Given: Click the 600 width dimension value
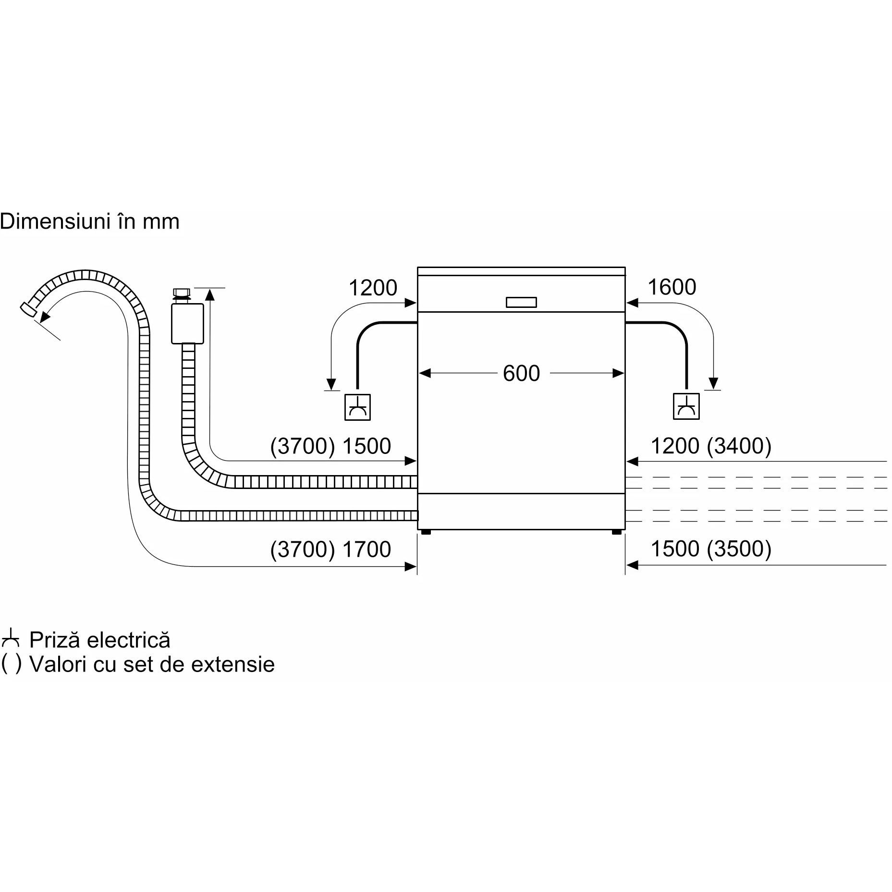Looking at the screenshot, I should pyautogui.click(x=521, y=373).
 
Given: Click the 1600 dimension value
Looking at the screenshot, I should pyautogui.click(x=672, y=287).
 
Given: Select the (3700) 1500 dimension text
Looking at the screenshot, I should pyautogui.click(x=330, y=446).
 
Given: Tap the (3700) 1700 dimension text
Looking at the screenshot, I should pyautogui.click(x=330, y=549).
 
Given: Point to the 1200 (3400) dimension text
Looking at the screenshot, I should pyautogui.click(x=711, y=446).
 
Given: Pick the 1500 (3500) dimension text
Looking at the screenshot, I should pyautogui.click(x=711, y=549).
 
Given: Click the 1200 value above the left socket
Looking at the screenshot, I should pyautogui.click(x=373, y=288).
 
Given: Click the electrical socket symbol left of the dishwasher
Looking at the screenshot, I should pyautogui.click(x=358, y=407).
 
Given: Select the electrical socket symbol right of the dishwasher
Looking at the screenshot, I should pyautogui.click(x=686, y=406).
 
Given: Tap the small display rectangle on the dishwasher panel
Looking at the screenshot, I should pyautogui.click(x=521, y=303).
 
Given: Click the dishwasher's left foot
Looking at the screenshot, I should pyautogui.click(x=425, y=532).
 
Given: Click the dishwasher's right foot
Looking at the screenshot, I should pyautogui.click(x=617, y=532).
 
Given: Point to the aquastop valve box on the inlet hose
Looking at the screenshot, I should pyautogui.click(x=187, y=323).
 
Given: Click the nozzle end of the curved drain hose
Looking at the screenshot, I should pyautogui.click(x=28, y=308).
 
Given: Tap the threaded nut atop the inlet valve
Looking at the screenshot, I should pyautogui.click(x=181, y=293).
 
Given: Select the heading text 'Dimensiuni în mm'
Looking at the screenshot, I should pyautogui.click(x=90, y=222).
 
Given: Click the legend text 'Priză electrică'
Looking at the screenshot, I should pyautogui.click(x=100, y=640).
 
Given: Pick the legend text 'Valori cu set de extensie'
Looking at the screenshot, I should pyautogui.click(x=152, y=664).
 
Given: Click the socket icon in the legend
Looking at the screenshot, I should pyautogui.click(x=11, y=640).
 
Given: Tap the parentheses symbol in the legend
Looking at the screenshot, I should pyautogui.click(x=11, y=664).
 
